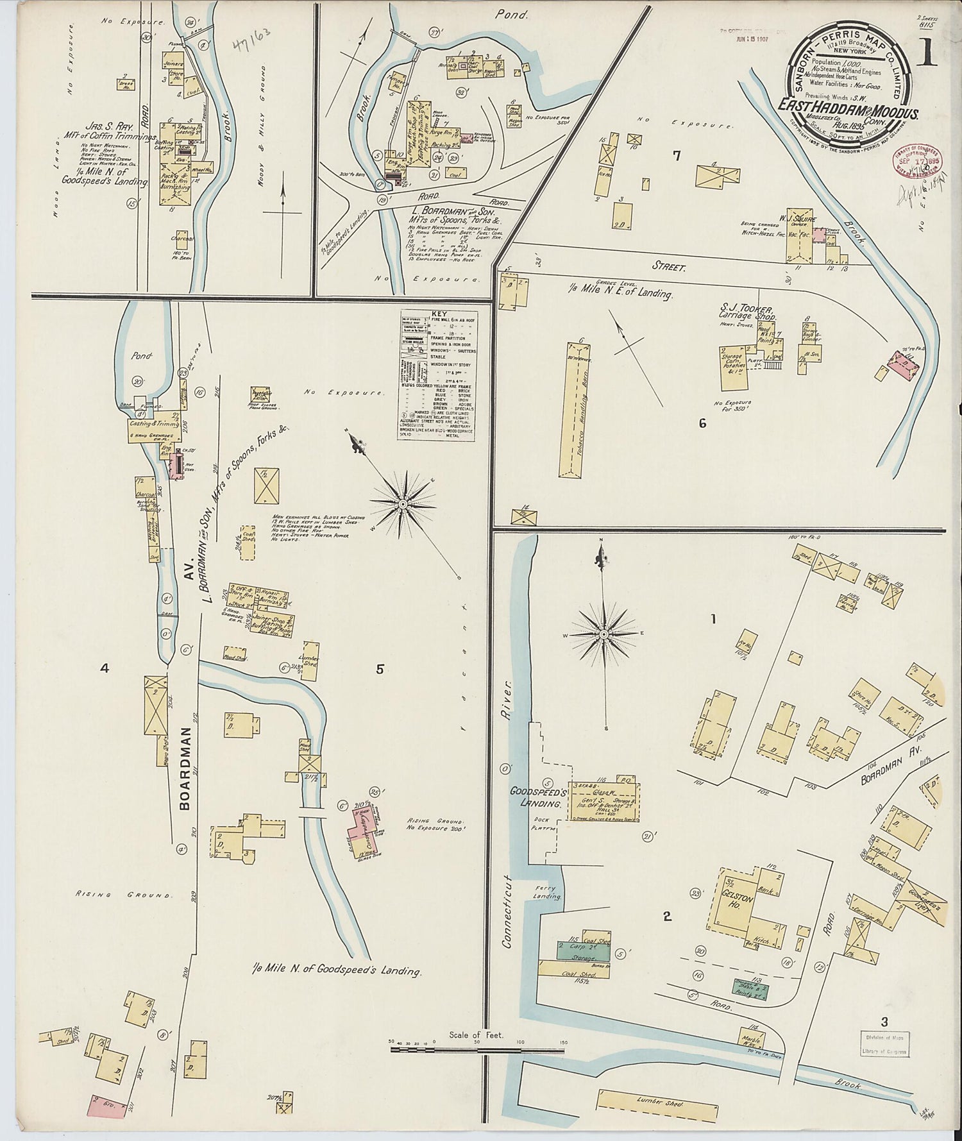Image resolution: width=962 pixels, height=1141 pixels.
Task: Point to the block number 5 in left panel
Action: (x=380, y=669)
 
